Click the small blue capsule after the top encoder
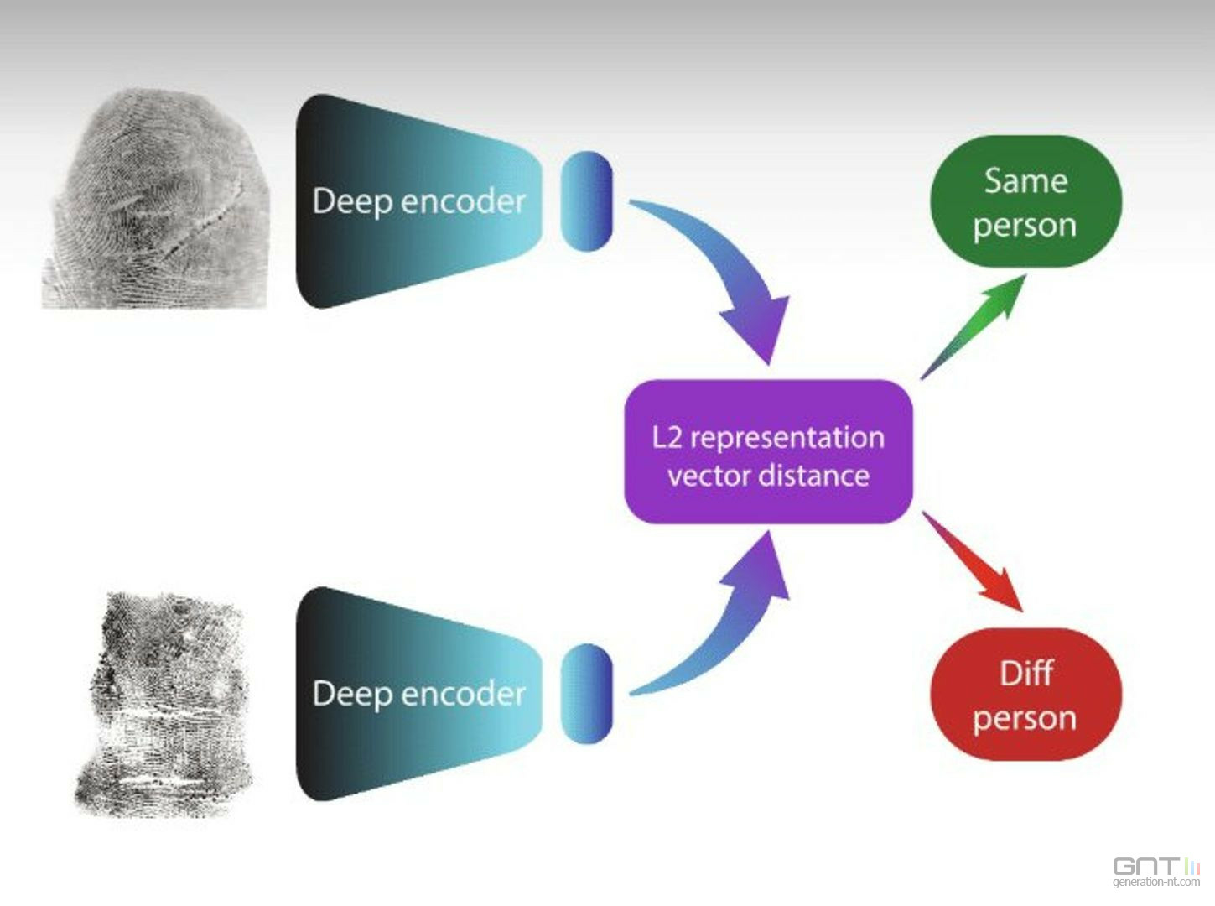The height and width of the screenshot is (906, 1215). [586, 200]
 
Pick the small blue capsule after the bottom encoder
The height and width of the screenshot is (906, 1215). [586, 693]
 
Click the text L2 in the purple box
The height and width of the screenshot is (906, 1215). [667, 437]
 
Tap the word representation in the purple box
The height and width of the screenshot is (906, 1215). [787, 438]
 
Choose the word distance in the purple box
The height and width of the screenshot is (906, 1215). [814, 476]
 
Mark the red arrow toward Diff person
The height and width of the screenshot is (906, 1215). [977, 562]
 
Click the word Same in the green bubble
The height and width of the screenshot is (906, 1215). [1025, 181]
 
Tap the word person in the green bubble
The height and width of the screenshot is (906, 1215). [1025, 226]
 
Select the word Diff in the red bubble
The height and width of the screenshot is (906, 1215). [1025, 674]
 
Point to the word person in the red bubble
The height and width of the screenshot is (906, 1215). [1025, 718]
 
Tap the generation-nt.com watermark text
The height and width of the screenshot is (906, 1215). [1155, 883]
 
